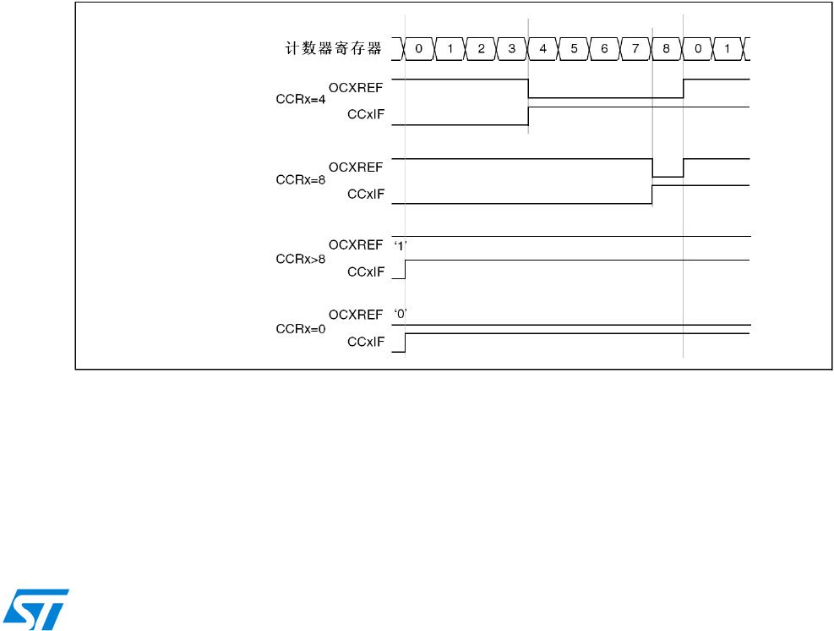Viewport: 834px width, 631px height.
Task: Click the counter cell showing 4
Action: (x=542, y=49)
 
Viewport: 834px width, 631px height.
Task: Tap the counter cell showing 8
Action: (x=666, y=49)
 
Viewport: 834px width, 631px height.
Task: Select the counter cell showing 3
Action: (x=512, y=49)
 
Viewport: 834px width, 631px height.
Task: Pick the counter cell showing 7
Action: (x=635, y=49)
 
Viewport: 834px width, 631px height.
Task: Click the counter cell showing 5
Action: (x=574, y=49)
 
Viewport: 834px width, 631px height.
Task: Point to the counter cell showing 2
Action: (x=481, y=49)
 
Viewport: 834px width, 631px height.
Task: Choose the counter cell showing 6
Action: (x=604, y=49)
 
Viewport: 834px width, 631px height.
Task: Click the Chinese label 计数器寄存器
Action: (x=333, y=49)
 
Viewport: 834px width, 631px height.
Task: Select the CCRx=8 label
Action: (x=301, y=180)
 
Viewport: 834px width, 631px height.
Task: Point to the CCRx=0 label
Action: (x=301, y=328)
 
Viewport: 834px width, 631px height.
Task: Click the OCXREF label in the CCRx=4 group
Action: (x=356, y=88)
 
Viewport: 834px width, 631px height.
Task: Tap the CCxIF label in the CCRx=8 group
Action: (x=366, y=194)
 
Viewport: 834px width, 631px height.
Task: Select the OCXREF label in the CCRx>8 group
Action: (x=356, y=244)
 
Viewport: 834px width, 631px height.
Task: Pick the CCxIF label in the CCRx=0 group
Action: (x=366, y=342)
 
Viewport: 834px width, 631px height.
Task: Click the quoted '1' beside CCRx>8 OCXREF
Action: (x=401, y=245)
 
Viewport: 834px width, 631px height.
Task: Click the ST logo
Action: (x=37, y=608)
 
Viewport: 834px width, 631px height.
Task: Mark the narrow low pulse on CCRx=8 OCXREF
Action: (x=668, y=176)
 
